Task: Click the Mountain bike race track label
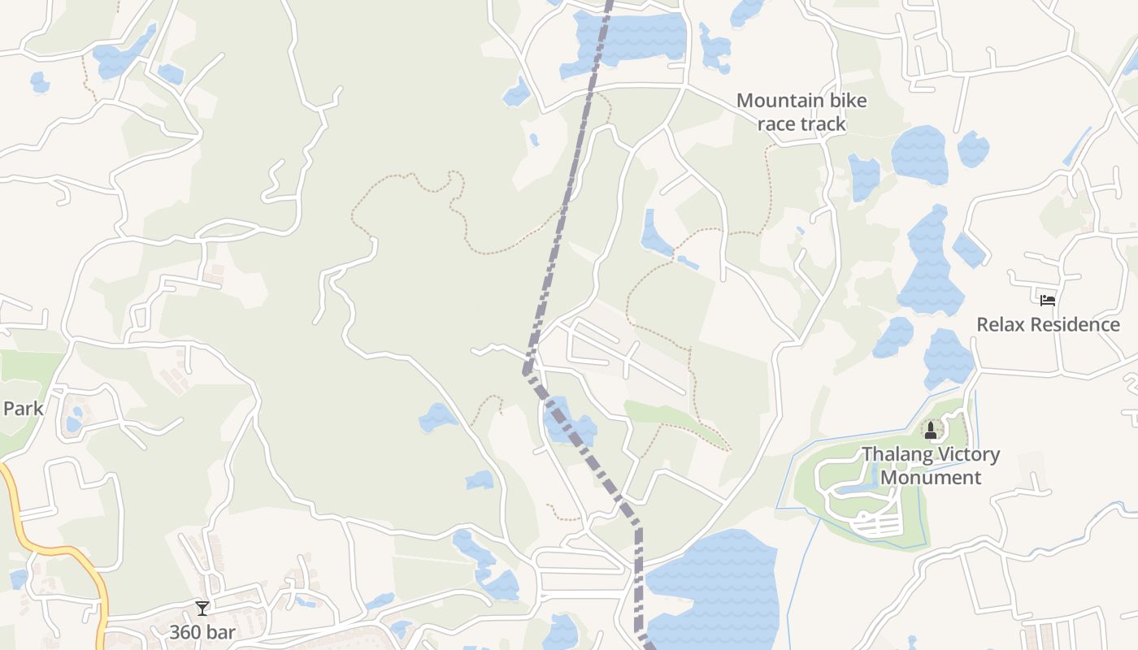click(801, 112)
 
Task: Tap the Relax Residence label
click(1048, 325)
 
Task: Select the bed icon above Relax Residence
click(1048, 300)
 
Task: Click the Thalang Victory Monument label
click(931, 466)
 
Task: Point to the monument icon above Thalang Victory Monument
click(931, 430)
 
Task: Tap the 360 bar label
click(202, 632)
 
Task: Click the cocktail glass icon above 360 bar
click(202, 608)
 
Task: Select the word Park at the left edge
click(23, 408)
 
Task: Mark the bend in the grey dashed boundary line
click(527, 373)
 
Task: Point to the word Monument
click(931, 478)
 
